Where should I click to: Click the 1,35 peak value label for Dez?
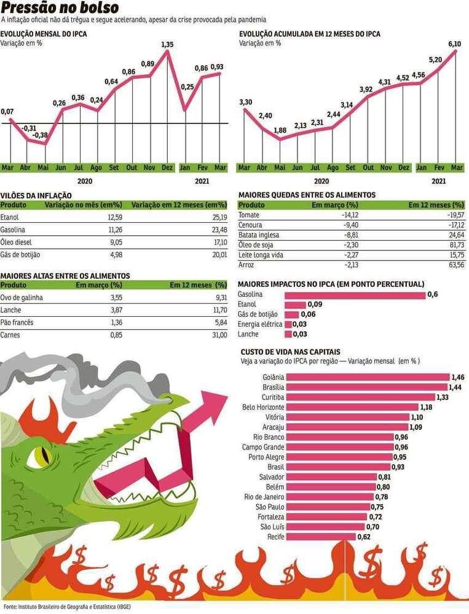coord(167,44)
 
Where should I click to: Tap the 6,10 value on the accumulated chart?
coord(455,44)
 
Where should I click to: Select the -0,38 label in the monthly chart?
coord(41,134)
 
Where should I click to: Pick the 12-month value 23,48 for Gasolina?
coord(219,229)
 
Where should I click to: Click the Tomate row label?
coord(249,216)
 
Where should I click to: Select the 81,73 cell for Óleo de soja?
coord(456,245)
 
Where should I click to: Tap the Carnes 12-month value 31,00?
coord(219,335)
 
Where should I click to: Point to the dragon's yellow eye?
coord(41,456)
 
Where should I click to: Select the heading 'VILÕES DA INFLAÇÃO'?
coord(36,195)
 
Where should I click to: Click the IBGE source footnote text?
coord(67,606)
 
